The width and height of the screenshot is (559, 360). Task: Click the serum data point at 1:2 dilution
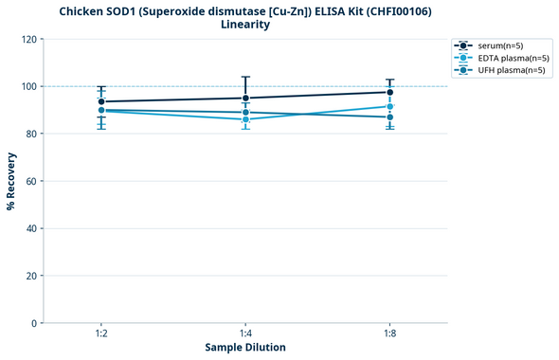pos(101,101)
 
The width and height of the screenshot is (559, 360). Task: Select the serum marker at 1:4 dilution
pos(245,98)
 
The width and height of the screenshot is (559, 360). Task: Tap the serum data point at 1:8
pos(389,92)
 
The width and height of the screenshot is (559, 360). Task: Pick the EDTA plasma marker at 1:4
pos(245,119)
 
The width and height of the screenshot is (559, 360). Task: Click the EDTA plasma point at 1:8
pos(389,106)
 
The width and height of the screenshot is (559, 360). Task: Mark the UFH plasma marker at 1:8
pos(389,117)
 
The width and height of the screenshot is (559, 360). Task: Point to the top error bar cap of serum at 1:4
pos(245,77)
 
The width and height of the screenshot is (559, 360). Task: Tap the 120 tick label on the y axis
pos(29,39)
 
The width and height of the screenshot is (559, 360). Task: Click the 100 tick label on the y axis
pos(29,86)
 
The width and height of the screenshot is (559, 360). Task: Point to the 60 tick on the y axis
pos(32,181)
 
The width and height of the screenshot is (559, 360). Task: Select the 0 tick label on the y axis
pos(35,323)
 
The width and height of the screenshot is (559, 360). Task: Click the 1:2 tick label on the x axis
pos(101,334)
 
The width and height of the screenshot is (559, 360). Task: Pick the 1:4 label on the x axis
pos(245,334)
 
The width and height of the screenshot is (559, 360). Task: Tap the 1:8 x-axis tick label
pos(389,334)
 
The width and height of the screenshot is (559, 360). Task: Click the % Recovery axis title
pos(11,181)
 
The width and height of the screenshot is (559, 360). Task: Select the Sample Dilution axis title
pos(245,348)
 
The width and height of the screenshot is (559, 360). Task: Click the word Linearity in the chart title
pos(245,25)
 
